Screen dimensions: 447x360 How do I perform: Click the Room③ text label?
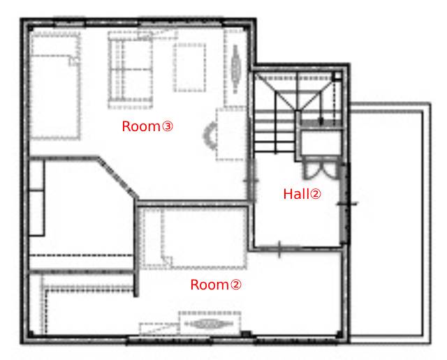click(x=147, y=126)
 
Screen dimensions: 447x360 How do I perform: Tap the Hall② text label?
click(x=302, y=194)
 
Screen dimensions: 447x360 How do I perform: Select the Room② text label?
click(x=216, y=285)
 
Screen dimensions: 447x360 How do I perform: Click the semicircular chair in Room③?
click(x=210, y=135)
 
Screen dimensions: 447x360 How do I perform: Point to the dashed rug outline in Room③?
click(x=190, y=68)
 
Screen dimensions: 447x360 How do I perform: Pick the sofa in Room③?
click(x=130, y=70)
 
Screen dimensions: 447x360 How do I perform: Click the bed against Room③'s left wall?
click(x=54, y=85)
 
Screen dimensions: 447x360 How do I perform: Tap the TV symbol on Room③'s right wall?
click(x=235, y=69)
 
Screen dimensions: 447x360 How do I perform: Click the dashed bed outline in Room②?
click(x=194, y=238)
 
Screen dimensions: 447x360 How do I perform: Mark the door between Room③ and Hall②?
click(x=251, y=180)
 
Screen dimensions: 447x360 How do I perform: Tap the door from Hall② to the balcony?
click(x=346, y=203)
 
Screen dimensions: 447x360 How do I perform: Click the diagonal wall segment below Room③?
click(x=118, y=177)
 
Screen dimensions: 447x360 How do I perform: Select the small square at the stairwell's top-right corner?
click(x=337, y=76)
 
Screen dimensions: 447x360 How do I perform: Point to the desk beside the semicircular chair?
click(x=231, y=134)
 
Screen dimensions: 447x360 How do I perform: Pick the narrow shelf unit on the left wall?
click(x=37, y=197)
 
